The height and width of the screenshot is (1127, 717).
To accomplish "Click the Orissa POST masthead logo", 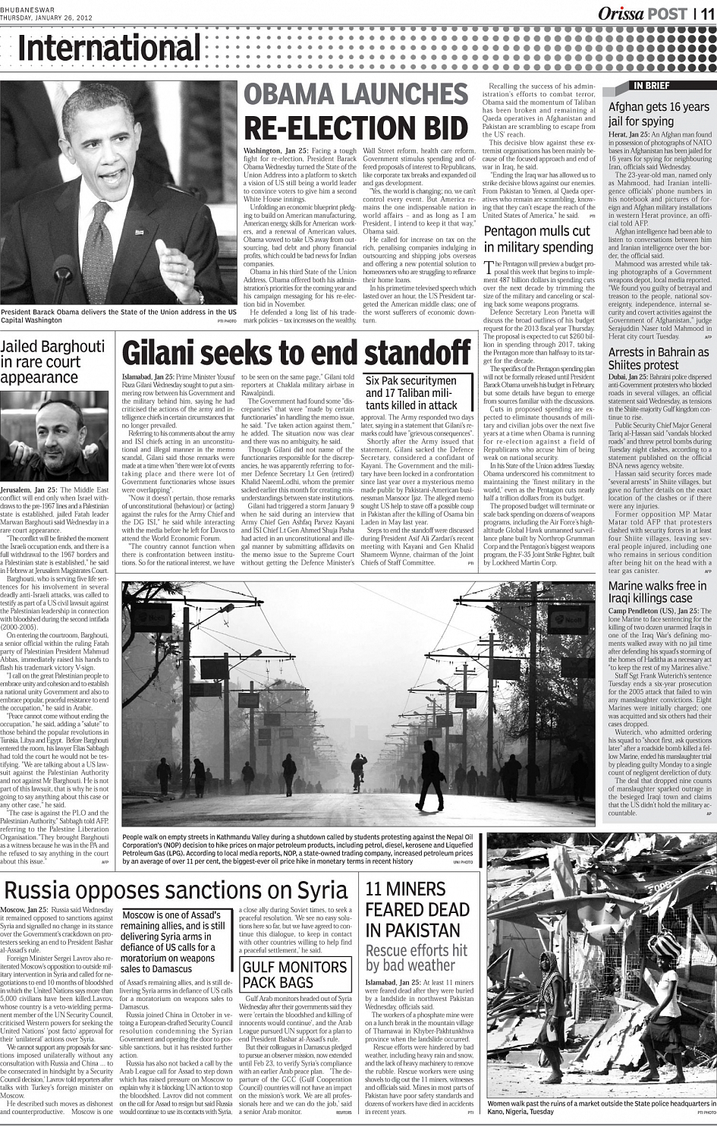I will pos(642,14).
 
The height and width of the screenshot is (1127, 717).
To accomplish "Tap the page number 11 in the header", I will pos(706,14).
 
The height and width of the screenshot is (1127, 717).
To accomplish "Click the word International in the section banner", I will pos(109,49).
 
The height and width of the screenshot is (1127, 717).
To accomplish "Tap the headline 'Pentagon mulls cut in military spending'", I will pos(539,239).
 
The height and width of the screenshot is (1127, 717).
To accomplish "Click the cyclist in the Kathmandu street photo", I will pos(359,768).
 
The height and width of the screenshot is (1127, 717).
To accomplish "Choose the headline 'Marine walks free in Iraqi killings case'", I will pos(657,592).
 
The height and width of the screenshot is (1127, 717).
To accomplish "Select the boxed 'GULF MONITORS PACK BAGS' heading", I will pos(294,974).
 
